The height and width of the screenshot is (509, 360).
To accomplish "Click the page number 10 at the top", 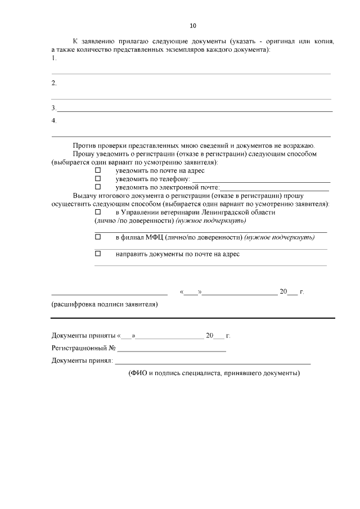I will pyautogui.click(x=193, y=25).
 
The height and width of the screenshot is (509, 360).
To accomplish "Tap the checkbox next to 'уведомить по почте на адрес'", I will pyautogui.click(x=97, y=170).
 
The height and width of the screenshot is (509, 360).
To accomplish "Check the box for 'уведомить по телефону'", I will pyautogui.click(x=97, y=178).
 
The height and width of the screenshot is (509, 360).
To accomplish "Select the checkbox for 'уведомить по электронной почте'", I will pyautogui.click(x=97, y=186).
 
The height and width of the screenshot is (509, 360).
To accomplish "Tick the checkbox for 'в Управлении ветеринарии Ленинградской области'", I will pyautogui.click(x=97, y=213).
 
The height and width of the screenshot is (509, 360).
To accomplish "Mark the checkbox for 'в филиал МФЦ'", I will pyautogui.click(x=97, y=237).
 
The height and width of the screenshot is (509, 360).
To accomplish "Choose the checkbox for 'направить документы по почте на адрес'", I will pyautogui.click(x=97, y=254).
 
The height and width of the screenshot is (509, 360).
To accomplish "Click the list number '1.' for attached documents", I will pyautogui.click(x=53, y=58).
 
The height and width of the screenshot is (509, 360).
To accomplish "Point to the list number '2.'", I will pyautogui.click(x=53, y=83).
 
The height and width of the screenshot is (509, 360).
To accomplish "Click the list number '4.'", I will pyautogui.click(x=53, y=120).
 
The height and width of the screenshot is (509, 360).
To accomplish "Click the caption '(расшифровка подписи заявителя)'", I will pyautogui.click(x=104, y=305).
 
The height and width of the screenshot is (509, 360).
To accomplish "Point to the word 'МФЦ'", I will pyautogui.click(x=154, y=237).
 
